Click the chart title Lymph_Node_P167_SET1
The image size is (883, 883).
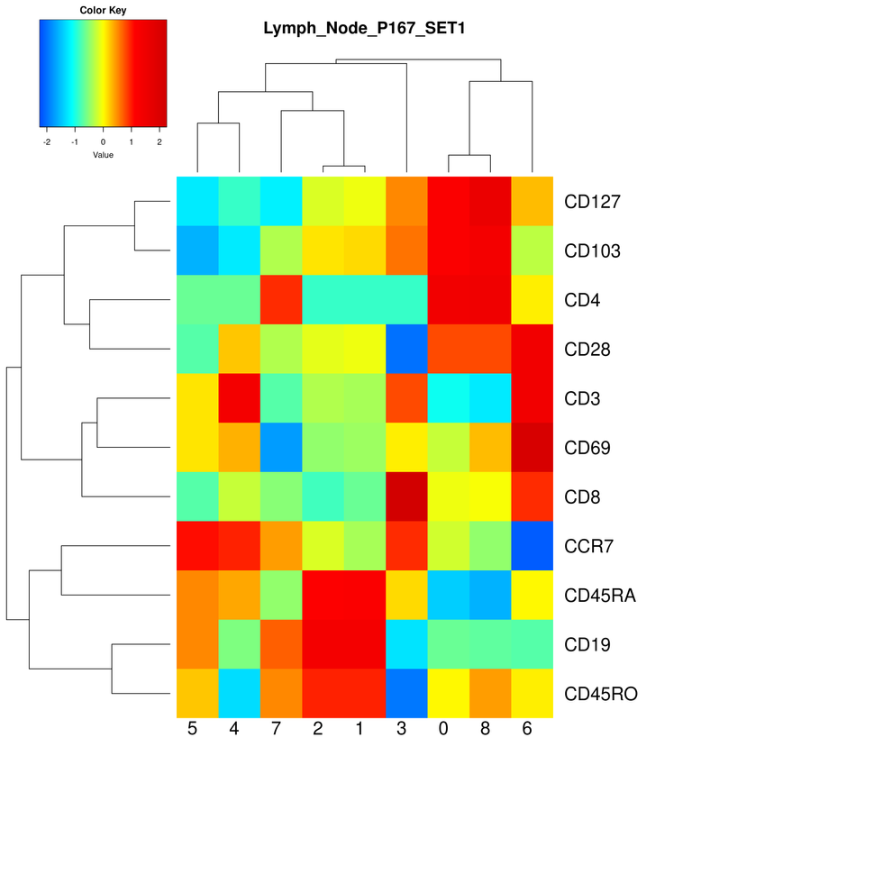(x=364, y=28)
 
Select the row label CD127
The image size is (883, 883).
(x=593, y=202)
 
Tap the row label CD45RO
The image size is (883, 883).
(x=601, y=694)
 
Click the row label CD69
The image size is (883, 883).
(x=587, y=448)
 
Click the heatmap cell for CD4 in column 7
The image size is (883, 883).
(x=280, y=300)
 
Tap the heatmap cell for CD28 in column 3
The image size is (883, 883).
(x=406, y=349)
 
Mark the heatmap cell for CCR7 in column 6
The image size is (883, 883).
(x=533, y=546)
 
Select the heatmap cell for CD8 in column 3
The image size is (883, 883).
(x=406, y=496)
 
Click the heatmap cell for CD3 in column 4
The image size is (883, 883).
(x=239, y=398)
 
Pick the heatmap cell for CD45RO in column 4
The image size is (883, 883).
(x=239, y=694)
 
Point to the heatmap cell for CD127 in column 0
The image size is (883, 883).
(x=449, y=202)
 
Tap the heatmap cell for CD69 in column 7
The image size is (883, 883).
(x=280, y=448)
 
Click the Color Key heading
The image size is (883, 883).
(x=103, y=11)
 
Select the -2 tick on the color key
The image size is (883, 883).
(x=47, y=141)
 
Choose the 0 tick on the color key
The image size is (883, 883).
(x=103, y=141)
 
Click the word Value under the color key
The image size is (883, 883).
(x=103, y=155)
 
